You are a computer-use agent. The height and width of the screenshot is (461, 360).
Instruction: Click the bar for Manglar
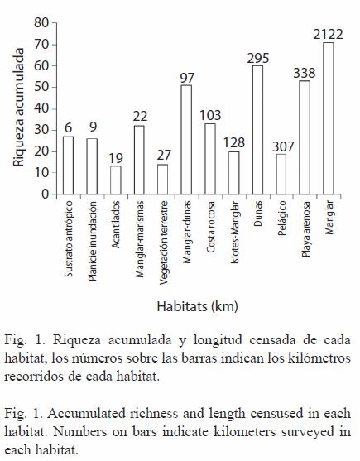pyautogui.click(x=329, y=118)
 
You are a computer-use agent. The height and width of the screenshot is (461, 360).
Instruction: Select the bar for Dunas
pyautogui.click(x=257, y=130)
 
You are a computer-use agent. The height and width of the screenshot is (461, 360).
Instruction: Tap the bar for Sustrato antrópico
pyautogui.click(x=68, y=166)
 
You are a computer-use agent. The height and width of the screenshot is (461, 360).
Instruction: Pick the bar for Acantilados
pyautogui.click(x=116, y=180)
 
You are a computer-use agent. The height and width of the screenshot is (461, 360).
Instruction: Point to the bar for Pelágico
pyautogui.click(x=281, y=174)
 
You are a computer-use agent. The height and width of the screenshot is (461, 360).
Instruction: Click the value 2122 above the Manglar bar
pyautogui.click(x=328, y=35)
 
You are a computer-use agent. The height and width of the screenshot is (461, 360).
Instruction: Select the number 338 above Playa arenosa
pyautogui.click(x=305, y=73)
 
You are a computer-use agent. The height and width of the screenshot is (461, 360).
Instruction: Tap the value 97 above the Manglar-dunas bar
pyautogui.click(x=187, y=78)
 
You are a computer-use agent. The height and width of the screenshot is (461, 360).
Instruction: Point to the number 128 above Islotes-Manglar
pyautogui.click(x=234, y=142)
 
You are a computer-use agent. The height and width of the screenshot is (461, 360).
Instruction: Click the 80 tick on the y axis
pyautogui.click(x=41, y=22)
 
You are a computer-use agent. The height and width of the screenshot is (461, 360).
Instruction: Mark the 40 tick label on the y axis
pyautogui.click(x=41, y=108)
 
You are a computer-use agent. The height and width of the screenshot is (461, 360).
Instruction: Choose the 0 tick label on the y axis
pyautogui.click(x=45, y=194)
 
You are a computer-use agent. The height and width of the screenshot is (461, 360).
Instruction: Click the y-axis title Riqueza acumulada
pyautogui.click(x=18, y=108)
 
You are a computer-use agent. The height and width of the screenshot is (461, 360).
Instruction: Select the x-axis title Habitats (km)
pyautogui.click(x=198, y=307)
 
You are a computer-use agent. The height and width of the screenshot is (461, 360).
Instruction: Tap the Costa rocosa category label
pyautogui.click(x=211, y=227)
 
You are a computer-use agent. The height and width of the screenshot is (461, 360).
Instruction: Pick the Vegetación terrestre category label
pyautogui.click(x=163, y=243)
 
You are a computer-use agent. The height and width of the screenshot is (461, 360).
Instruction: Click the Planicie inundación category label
pyautogui.click(x=93, y=241)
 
